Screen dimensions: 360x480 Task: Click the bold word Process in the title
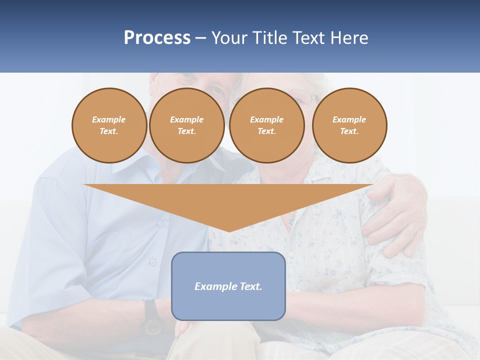[x=157, y=38]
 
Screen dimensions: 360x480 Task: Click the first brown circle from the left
[x=109, y=125]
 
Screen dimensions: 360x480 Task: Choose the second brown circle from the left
[x=186, y=125]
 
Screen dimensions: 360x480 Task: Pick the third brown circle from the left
[x=266, y=125]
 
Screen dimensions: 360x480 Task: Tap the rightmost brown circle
[x=349, y=125]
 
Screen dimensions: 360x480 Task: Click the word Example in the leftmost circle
[x=109, y=119]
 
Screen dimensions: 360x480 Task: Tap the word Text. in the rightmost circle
[x=349, y=131]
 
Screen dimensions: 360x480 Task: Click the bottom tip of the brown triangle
[x=229, y=230]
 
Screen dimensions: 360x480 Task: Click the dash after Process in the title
[x=200, y=38]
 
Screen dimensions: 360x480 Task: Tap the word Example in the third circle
[x=266, y=119]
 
